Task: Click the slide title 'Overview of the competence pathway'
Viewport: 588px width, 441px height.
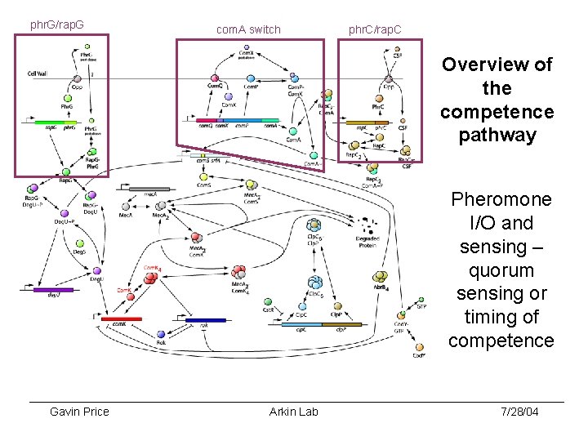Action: [497, 100]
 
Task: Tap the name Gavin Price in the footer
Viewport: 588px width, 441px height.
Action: [79, 412]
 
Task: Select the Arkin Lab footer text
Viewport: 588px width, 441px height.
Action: [293, 412]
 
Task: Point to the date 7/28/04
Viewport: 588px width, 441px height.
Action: [519, 412]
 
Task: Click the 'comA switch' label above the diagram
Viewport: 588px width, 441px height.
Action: [248, 29]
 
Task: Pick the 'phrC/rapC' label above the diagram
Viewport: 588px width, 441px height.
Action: [375, 29]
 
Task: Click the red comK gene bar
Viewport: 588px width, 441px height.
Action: [122, 318]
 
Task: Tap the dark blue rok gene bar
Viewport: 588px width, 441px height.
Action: [205, 319]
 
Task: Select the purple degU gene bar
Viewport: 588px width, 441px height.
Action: [53, 290]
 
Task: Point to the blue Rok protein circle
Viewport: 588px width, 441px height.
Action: [161, 334]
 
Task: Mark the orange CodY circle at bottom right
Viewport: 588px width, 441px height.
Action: [418, 345]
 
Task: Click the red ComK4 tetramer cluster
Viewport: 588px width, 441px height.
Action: [149, 278]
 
